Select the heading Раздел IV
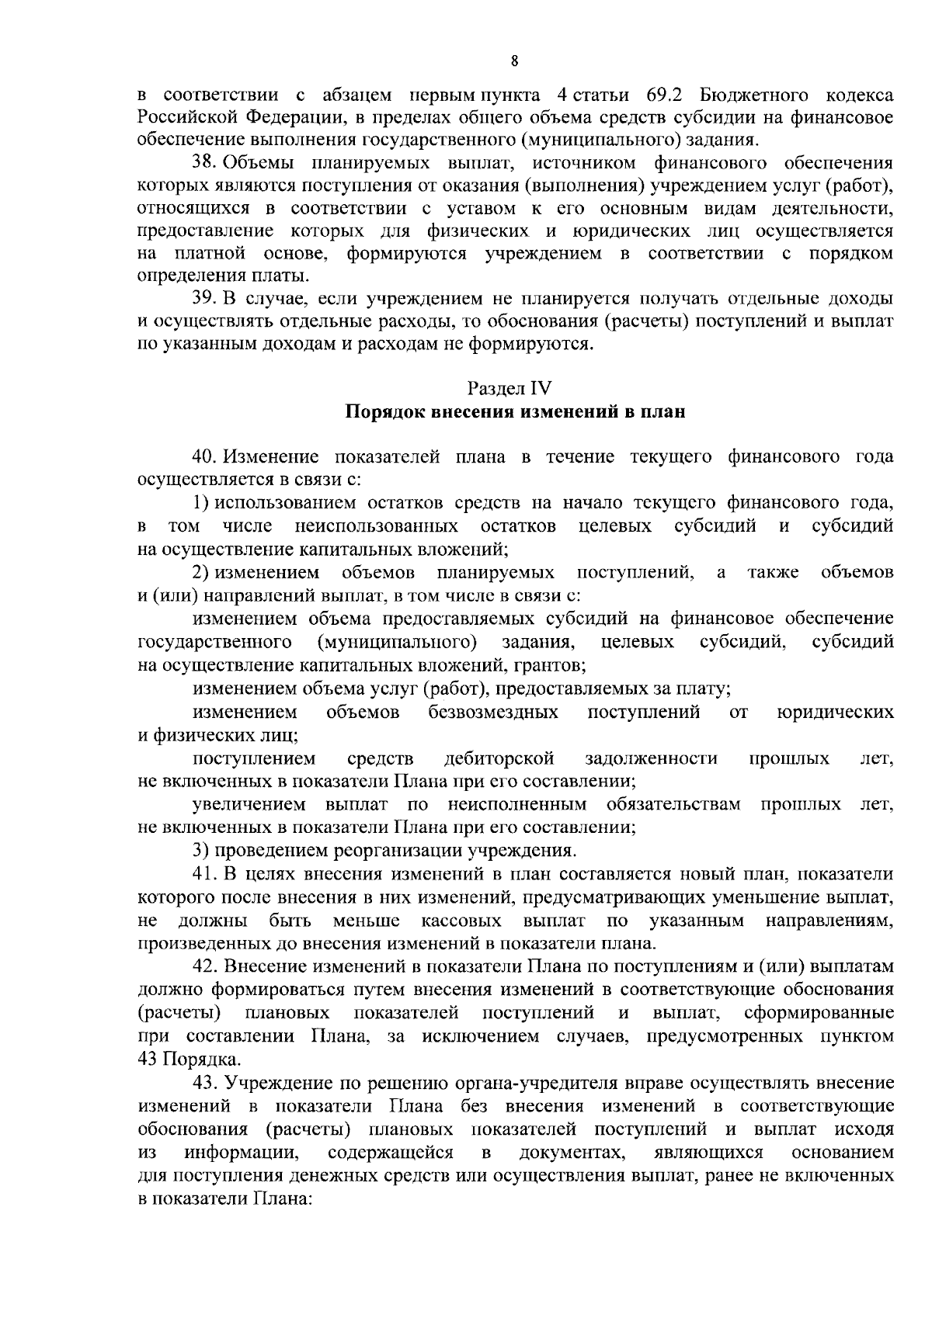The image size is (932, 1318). [x=514, y=388]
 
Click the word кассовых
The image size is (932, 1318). [x=462, y=921]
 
